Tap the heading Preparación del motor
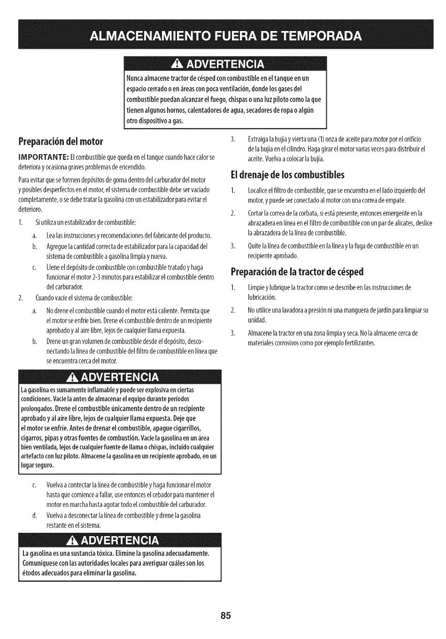click(x=61, y=141)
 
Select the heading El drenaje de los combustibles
click(x=287, y=175)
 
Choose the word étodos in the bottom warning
click(x=32, y=573)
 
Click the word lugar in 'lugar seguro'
click(x=28, y=466)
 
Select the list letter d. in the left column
click(x=35, y=515)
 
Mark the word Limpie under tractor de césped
click(x=255, y=288)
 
